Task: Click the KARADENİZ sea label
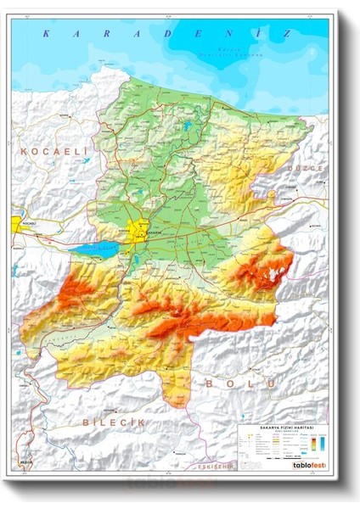click(166, 33)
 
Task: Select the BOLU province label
click(240, 384)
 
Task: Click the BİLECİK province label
click(115, 422)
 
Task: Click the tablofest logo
click(308, 465)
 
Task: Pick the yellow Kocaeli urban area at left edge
click(16, 224)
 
